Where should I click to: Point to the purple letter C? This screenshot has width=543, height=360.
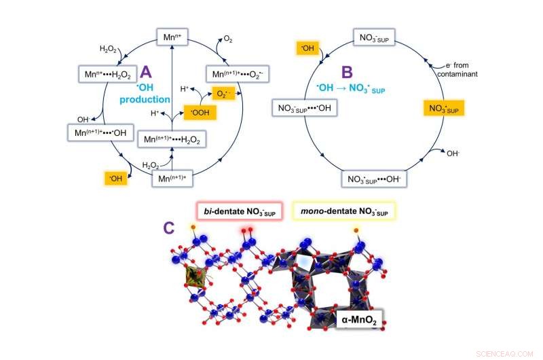[170, 229]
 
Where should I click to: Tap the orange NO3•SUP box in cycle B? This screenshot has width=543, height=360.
[444, 108]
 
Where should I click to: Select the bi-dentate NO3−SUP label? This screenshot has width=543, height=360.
[235, 212]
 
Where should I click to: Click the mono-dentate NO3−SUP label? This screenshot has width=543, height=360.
[343, 212]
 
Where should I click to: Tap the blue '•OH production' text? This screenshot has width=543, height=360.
[144, 94]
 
